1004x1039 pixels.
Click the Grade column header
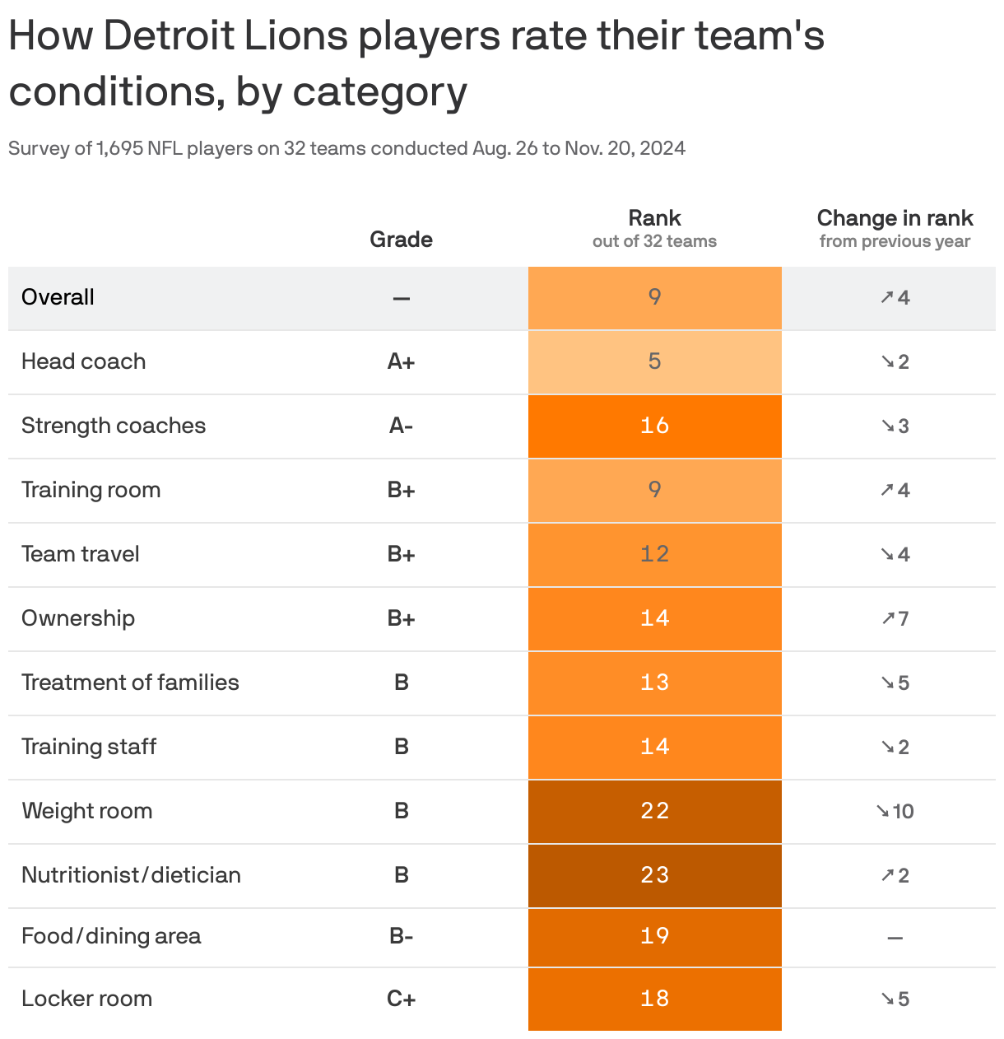(401, 240)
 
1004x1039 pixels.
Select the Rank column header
(654, 219)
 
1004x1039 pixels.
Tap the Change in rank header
(895, 219)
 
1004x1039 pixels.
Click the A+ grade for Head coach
(401, 361)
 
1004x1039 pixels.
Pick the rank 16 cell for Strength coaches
(654, 426)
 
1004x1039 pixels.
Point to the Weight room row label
(87, 811)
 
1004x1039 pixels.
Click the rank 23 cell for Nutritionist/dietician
(654, 875)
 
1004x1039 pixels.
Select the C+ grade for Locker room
(401, 999)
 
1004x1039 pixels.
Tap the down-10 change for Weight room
(895, 811)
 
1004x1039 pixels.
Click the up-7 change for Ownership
(895, 618)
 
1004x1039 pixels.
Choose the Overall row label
(58, 297)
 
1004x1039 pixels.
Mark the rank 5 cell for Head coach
(654, 361)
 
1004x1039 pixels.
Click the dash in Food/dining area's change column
(895, 938)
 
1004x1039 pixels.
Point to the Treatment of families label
(130, 683)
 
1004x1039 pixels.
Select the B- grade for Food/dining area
(401, 936)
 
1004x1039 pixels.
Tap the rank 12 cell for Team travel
(654, 554)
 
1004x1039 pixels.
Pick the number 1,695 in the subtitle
(119, 148)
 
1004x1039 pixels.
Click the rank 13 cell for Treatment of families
(654, 683)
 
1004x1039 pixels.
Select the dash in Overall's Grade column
(401, 298)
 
